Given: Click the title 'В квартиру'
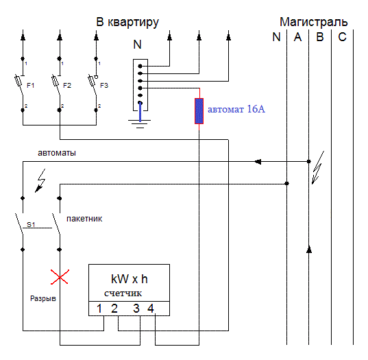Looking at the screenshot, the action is click(127, 23).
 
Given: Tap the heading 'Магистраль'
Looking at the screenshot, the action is click(314, 22).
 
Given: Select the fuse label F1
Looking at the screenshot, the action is click(31, 85).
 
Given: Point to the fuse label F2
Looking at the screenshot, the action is click(67, 85).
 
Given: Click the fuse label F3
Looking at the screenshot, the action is click(104, 85).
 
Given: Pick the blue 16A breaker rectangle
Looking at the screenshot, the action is click(199, 111).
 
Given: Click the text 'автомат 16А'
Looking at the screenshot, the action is click(236, 109).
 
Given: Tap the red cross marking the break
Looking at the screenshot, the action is click(60, 277).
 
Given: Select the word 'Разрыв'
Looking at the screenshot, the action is click(43, 298).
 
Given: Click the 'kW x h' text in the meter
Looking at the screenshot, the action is click(130, 279).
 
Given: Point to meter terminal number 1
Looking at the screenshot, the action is click(99, 309).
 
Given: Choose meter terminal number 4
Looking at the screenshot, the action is click(151, 309).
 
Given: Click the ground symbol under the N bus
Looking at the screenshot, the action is click(140, 123).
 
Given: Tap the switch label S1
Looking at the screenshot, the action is click(31, 224).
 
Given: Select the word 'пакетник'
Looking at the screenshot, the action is click(84, 219).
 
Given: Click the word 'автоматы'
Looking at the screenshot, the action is click(57, 153).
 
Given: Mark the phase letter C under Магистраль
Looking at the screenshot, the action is click(342, 37).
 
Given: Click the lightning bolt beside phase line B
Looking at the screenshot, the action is click(318, 167).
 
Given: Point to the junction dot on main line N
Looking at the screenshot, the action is click(287, 183).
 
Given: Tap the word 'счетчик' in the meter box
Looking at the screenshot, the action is click(123, 293).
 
